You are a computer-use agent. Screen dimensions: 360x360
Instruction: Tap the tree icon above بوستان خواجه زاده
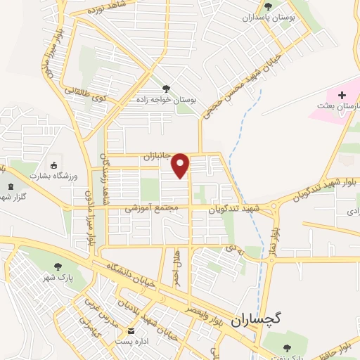pos(166,89)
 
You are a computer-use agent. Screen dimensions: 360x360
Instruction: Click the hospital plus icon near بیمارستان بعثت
pos(342,95)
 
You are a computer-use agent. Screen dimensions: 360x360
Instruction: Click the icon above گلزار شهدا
pos(10,186)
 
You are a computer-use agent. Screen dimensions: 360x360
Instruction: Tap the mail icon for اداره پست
pos(130,331)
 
